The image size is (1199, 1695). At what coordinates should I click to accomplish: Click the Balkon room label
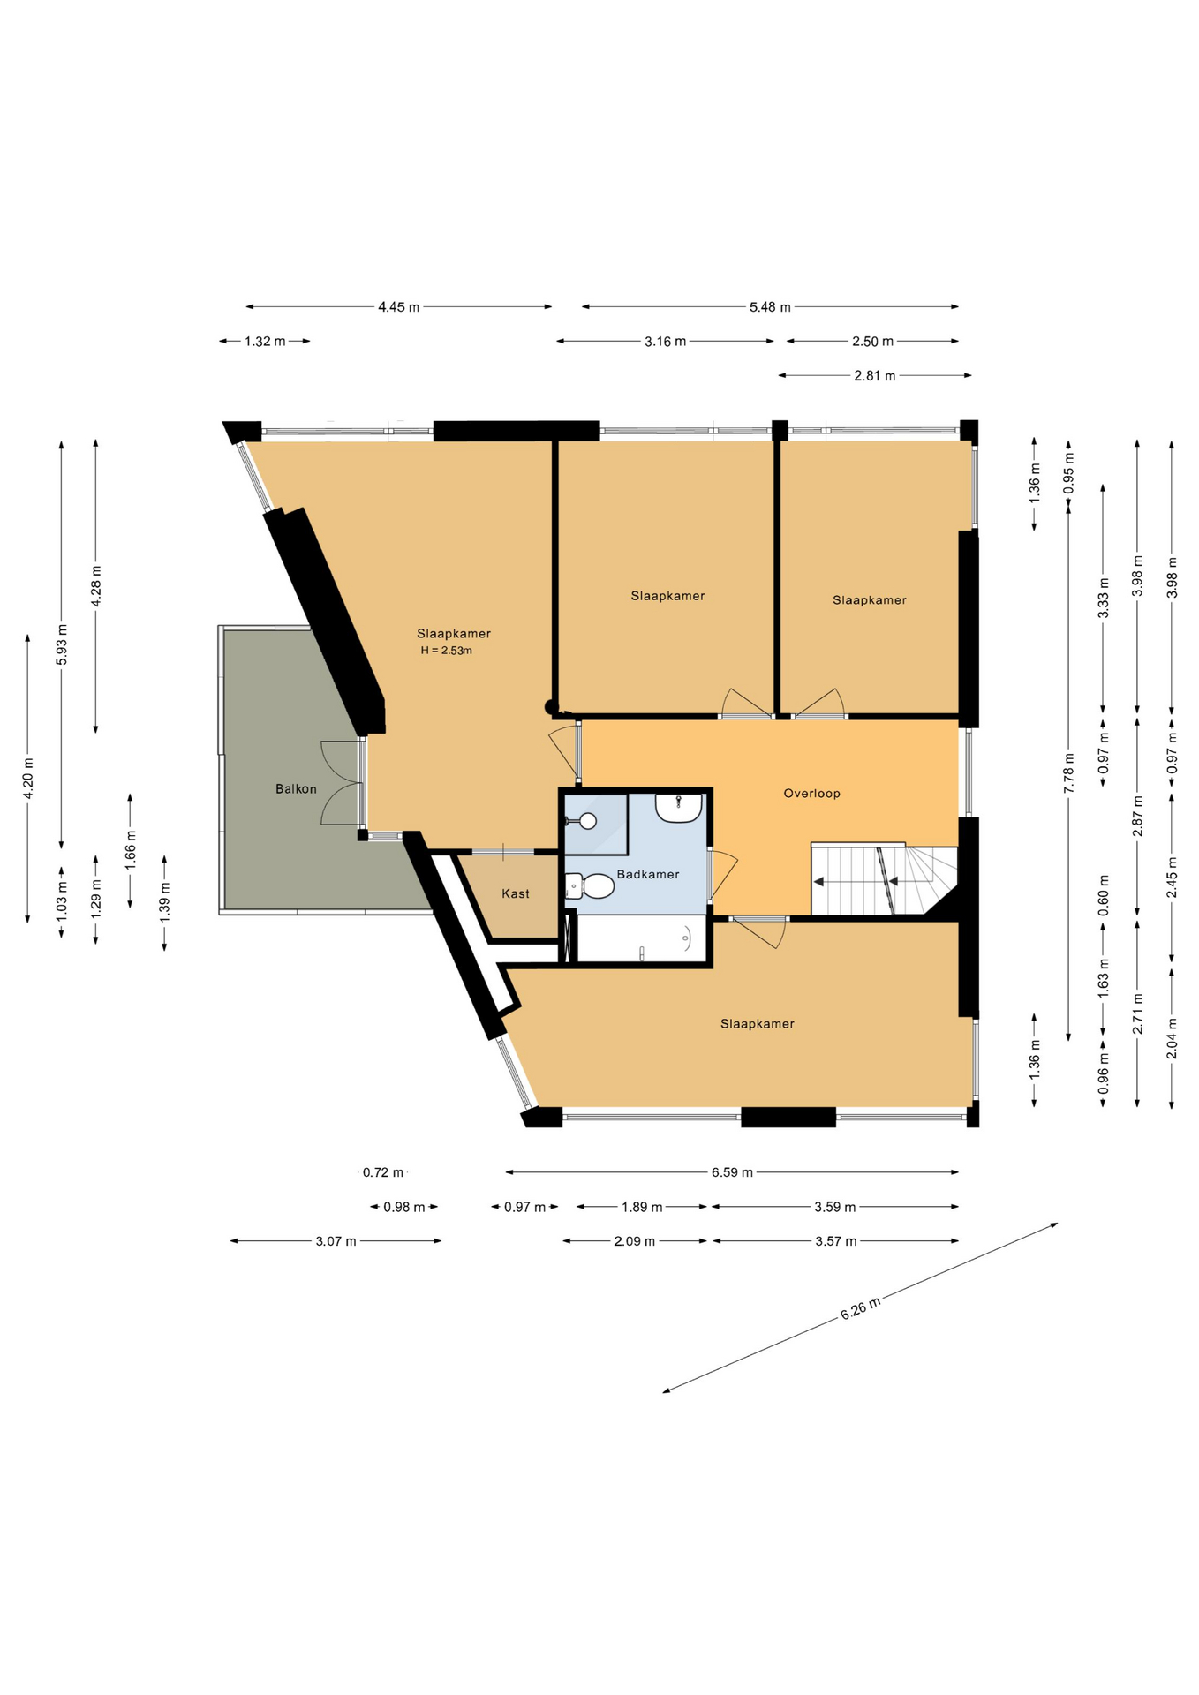pyautogui.click(x=296, y=789)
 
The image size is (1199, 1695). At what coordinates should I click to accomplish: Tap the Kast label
pyautogui.click(x=516, y=893)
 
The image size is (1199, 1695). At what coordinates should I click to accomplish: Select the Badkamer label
pyautogui.click(x=648, y=874)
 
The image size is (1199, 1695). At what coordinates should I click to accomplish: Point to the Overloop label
pyautogui.click(x=812, y=793)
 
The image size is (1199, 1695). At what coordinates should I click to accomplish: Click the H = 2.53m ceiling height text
pyautogui.click(x=447, y=651)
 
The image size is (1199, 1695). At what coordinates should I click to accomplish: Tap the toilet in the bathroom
pyautogui.click(x=590, y=885)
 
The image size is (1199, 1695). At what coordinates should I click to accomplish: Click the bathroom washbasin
pyautogui.click(x=679, y=807)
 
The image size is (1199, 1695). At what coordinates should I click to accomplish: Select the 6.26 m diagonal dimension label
pyautogui.click(x=860, y=1307)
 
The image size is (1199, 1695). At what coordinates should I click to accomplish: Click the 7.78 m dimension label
pyautogui.click(x=1068, y=773)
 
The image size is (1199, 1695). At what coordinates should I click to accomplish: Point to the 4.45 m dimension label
pyautogui.click(x=399, y=307)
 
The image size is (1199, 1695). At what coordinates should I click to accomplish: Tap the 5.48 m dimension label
pyautogui.click(x=770, y=307)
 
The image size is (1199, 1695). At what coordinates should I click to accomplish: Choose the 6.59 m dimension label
pyautogui.click(x=732, y=1172)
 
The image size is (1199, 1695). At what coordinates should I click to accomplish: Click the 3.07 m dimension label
pyautogui.click(x=336, y=1241)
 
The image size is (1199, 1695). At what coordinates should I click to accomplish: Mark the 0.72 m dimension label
pyautogui.click(x=383, y=1172)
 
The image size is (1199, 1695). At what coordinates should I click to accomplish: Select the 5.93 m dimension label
pyautogui.click(x=62, y=644)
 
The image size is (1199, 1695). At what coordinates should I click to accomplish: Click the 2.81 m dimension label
pyautogui.click(x=875, y=376)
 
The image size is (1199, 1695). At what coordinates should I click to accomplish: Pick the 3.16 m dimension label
pyautogui.click(x=666, y=342)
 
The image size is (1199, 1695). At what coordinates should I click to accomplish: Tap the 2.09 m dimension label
pyautogui.click(x=635, y=1241)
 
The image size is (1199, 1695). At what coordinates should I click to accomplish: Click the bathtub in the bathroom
pyautogui.click(x=641, y=938)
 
